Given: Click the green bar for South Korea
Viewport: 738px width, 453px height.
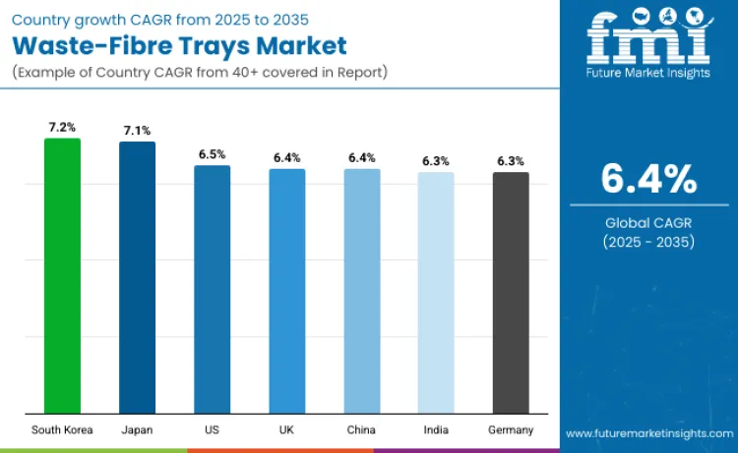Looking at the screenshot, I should pos(62,275).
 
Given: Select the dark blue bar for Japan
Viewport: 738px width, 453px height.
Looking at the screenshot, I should pos(137,277).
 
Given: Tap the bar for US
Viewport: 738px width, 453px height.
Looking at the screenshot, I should pos(212,289).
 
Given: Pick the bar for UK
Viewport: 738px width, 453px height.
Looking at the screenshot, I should pos(287,291).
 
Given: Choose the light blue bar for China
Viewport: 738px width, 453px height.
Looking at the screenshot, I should pos(361,291).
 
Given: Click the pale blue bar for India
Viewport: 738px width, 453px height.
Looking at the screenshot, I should pos(436,293).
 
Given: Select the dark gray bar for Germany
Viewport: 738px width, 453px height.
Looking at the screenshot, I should pos(511,293).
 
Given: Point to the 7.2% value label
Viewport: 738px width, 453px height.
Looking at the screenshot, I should pos(62,128).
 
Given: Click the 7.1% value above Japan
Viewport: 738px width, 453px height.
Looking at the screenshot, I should pos(137,131).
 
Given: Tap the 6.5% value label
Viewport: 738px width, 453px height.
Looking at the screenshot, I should pos(212,154).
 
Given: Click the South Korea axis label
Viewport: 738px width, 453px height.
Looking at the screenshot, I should pos(62,430).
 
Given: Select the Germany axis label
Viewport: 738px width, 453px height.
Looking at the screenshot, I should pos(511,430).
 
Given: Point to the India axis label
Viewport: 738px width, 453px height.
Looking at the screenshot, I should pos(436,430).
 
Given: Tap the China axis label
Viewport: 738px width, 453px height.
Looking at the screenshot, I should pos(361,430).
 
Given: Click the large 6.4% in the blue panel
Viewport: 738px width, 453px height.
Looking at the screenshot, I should pos(648,180).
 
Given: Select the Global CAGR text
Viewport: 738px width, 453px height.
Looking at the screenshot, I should pos(648,223).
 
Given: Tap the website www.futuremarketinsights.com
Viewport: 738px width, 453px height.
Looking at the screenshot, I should pos(648,432).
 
